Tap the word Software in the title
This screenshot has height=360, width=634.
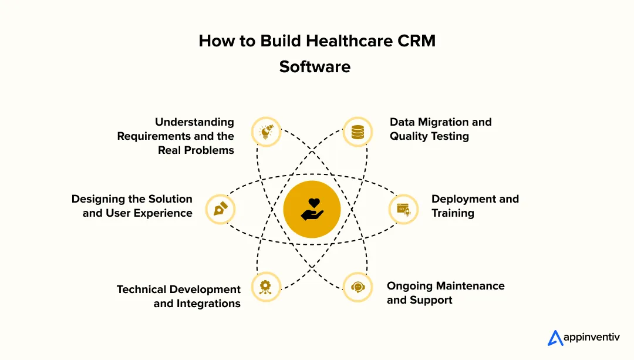pos(315,67)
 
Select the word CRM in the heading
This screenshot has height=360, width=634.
pos(414,41)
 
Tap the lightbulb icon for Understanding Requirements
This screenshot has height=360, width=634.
pos(265,132)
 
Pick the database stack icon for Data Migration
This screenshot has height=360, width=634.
pos(358,132)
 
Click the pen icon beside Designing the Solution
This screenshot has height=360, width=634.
pos(221,209)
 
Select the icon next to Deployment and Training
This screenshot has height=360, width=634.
pos(403,209)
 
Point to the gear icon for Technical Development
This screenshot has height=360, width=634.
pos(265,287)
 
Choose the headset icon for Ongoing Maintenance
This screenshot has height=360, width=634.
pos(358,287)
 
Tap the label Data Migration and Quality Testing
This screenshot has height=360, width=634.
pos(440,129)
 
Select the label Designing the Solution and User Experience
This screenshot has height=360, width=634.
pos(132,206)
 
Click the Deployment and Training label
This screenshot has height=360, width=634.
pos(475,206)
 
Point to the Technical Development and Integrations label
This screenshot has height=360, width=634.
pos(179,297)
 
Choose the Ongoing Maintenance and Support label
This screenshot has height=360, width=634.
pos(445,293)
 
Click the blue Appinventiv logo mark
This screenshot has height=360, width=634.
pos(555,338)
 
